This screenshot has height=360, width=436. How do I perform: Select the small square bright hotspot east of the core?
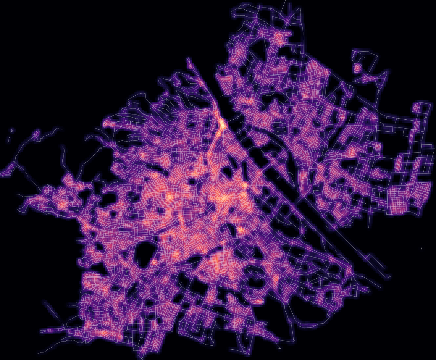coord(245,185)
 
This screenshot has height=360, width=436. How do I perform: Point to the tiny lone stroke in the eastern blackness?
coord(421,248)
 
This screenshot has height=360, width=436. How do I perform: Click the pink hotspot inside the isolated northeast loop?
coord(357,68)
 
